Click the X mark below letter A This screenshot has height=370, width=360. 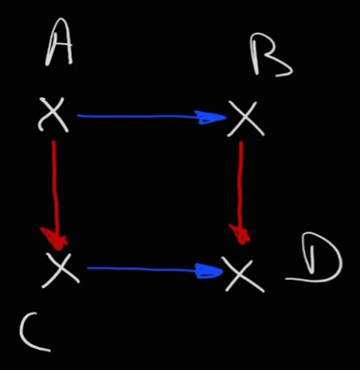pyautogui.click(x=54, y=115)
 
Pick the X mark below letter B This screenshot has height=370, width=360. pyautogui.click(x=246, y=118)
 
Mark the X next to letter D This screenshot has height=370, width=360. pyautogui.click(x=243, y=274)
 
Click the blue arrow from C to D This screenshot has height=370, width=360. pyautogui.click(x=152, y=270)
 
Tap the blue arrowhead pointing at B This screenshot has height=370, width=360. pyautogui.click(x=212, y=118)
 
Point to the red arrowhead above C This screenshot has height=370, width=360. pyautogui.click(x=55, y=238)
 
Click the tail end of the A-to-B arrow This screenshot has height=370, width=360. pyautogui.click(x=78, y=116)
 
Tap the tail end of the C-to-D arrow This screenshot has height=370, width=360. pyautogui.click(x=88, y=268)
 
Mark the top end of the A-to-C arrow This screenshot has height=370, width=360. pyautogui.click(x=54, y=142)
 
